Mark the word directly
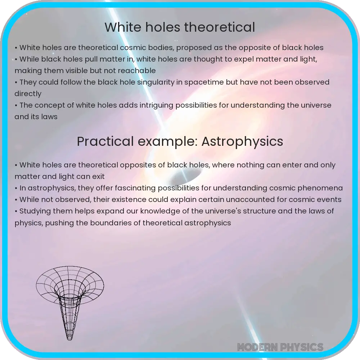click(x=28, y=94)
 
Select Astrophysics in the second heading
click(x=242, y=141)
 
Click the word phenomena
click(x=321, y=188)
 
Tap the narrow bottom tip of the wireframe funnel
click(x=69, y=338)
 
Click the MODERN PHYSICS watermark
click(x=280, y=347)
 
